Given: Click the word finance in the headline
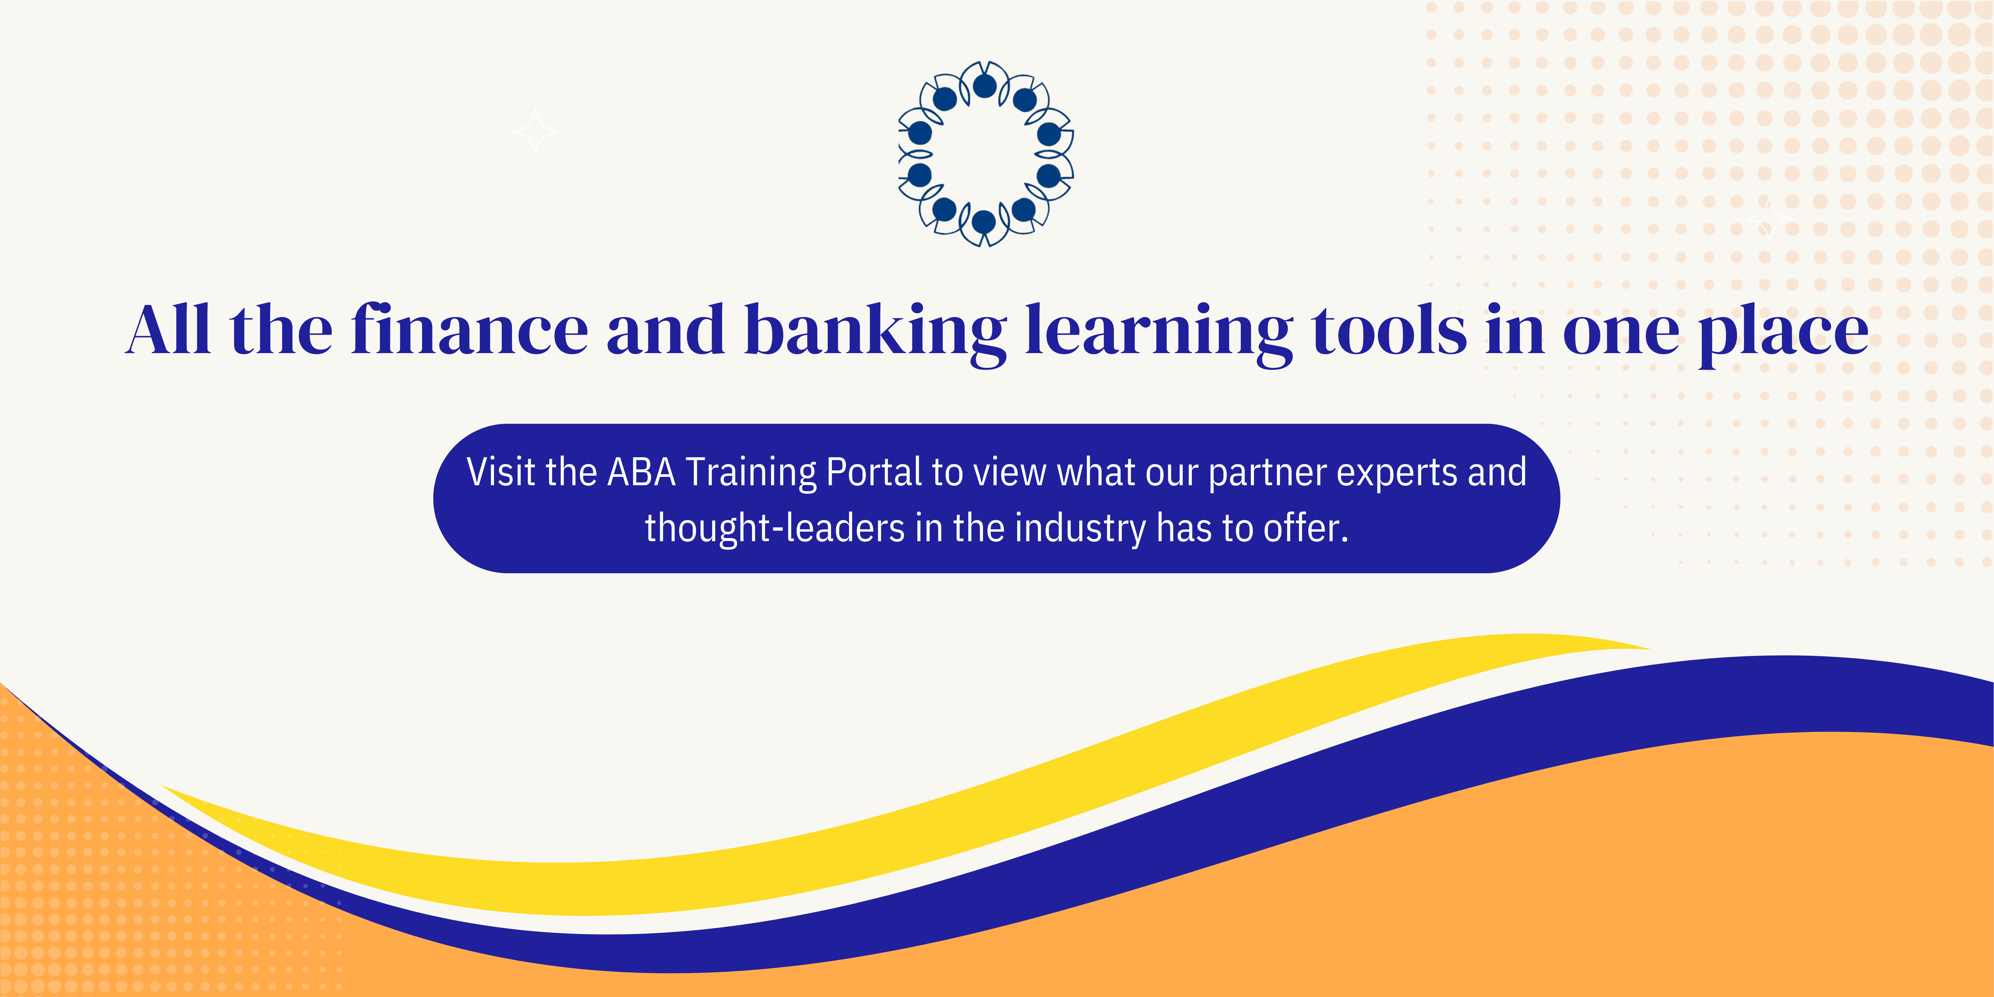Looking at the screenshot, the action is tap(469, 331).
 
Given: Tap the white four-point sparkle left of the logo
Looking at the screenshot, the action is tap(535, 132).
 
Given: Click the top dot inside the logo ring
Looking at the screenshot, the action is tap(985, 86).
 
